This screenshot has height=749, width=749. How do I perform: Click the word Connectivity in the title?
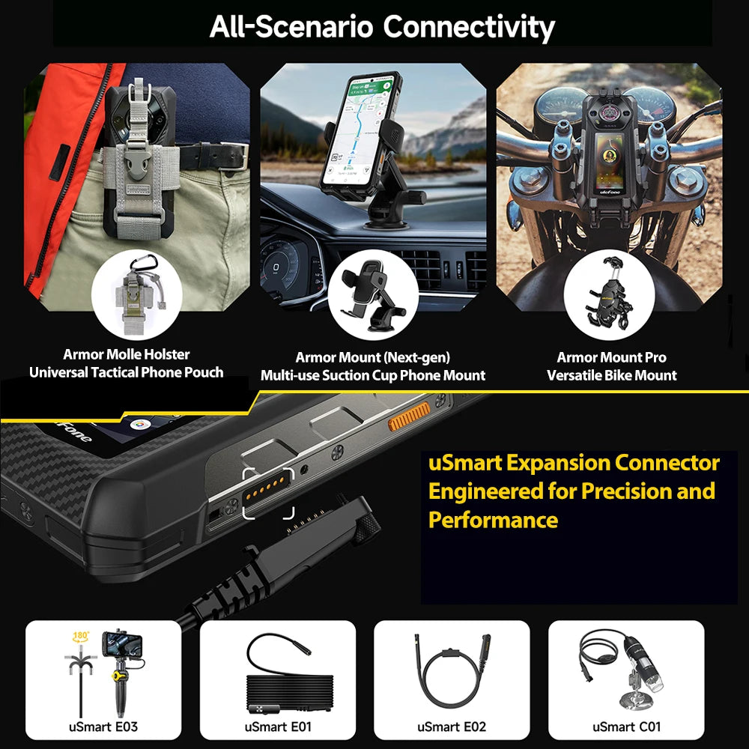click(469, 27)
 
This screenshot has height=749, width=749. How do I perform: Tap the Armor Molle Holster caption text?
click(126, 354)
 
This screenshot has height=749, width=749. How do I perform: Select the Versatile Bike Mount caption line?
click(611, 375)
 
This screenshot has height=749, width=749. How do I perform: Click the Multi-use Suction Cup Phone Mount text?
click(372, 375)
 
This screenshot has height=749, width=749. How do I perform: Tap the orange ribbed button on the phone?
click(409, 416)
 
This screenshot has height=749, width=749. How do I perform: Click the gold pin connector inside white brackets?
click(268, 494)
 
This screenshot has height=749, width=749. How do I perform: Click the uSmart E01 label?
click(277, 726)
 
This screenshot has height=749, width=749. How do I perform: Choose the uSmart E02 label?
click(452, 726)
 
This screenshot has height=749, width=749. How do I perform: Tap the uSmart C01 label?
click(626, 726)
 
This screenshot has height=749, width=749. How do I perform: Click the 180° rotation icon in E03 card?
click(80, 638)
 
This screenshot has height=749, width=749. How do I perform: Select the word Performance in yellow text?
click(493, 520)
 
